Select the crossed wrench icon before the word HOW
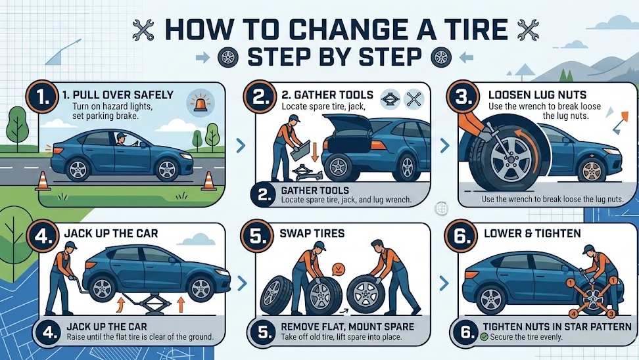tap(143, 30)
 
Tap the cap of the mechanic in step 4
tap(71, 245)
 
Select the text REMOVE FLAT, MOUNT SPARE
tap(347, 326)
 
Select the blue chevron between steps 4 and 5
tap(241, 284)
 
